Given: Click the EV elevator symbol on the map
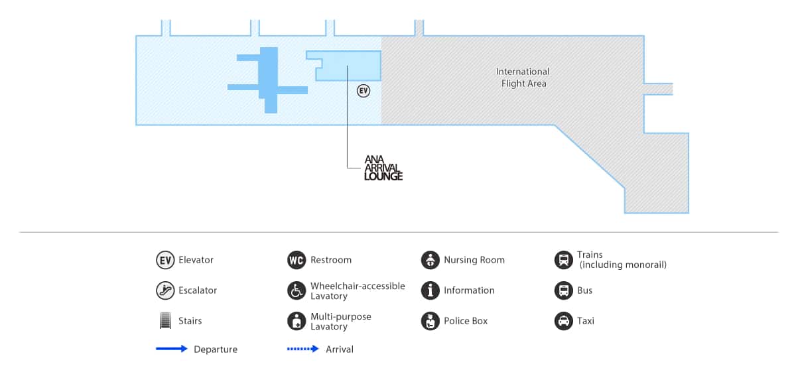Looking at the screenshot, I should pos(363,91).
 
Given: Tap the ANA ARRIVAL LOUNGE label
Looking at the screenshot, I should pos(383,168).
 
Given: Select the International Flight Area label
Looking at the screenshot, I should pos(523,78).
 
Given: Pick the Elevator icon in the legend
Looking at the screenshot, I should pos(165,260).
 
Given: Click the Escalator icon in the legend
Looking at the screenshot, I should pos(165,290).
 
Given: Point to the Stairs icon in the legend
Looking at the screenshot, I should pos(165,321).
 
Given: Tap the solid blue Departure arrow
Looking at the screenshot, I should pos(172,349).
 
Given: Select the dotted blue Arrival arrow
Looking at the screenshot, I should pos(303,349).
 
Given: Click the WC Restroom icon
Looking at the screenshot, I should pos(297,260).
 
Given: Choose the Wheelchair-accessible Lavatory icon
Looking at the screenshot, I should pos(297,290).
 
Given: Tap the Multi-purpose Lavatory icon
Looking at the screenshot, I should pos(297,322).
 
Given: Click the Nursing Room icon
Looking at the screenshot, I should pos(431,260).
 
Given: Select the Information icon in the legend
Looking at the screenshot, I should pos(431,290).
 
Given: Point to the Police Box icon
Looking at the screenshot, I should pos(431,321).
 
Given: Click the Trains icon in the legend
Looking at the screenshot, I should pos(563,260).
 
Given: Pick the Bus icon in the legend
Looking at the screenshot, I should pos(563,290).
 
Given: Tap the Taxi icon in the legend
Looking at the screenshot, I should pos(563,321).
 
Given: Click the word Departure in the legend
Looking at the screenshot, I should pos(216,349).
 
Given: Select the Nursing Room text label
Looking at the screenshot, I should pos(474,260).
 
